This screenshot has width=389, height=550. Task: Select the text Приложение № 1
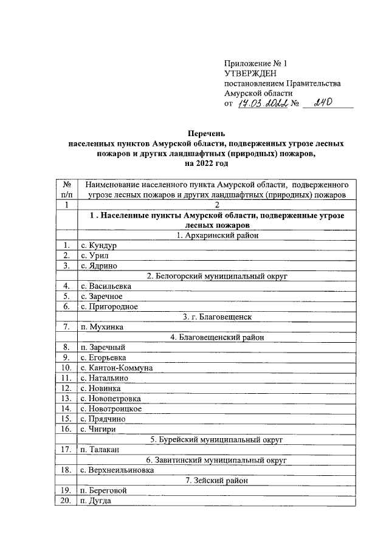point(255,63)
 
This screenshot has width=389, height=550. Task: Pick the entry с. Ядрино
point(98,266)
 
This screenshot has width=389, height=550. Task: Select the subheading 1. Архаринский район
point(216,235)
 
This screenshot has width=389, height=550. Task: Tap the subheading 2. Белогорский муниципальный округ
point(216,276)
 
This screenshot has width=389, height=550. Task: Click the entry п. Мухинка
point(102,327)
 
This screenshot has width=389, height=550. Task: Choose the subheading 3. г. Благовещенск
point(216,317)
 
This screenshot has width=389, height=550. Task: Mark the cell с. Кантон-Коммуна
point(116,368)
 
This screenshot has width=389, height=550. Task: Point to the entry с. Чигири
point(98,429)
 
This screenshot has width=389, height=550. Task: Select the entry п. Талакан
point(100,450)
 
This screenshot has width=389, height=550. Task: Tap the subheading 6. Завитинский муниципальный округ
point(216,460)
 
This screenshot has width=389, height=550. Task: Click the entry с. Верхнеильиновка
point(117,470)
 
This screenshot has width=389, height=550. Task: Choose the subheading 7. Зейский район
point(216,480)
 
